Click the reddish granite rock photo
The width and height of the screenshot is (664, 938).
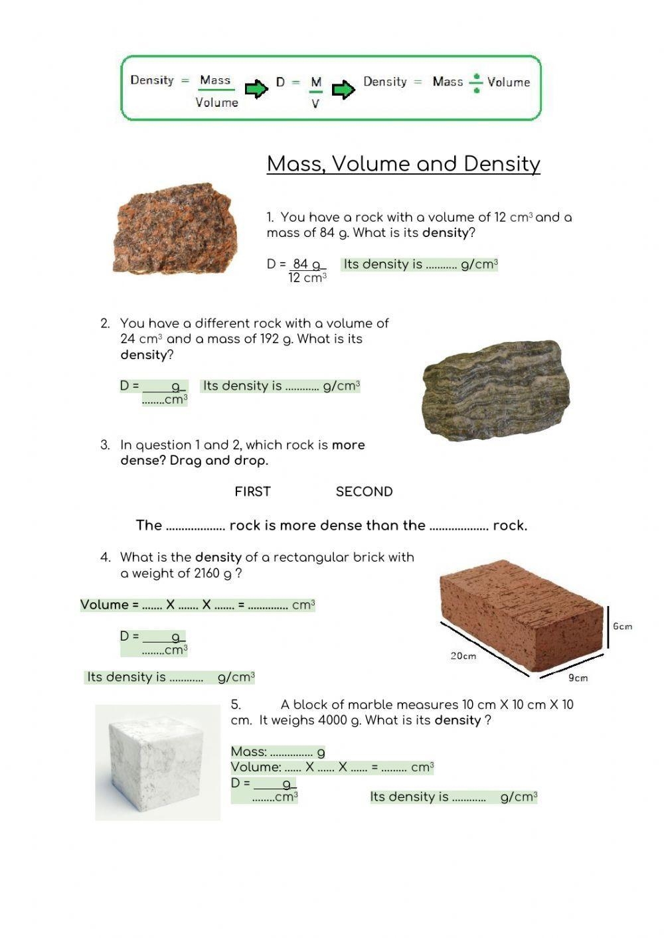(175, 229)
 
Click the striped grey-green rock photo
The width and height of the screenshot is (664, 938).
(496, 390)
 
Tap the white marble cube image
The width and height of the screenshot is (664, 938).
(157, 763)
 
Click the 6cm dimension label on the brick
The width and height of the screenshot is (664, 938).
(622, 626)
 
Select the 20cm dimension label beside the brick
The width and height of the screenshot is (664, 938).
(463, 656)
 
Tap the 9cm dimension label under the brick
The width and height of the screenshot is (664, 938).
(578, 678)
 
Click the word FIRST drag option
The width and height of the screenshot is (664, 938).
(252, 492)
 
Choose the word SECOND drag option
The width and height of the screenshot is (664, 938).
(364, 492)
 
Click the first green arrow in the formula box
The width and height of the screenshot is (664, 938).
(256, 89)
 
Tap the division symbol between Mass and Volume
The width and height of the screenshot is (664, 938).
(476, 82)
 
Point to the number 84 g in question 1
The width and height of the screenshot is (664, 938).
(307, 264)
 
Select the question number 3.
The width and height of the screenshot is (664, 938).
(105, 445)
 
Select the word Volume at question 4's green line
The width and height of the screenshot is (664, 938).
(104, 605)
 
